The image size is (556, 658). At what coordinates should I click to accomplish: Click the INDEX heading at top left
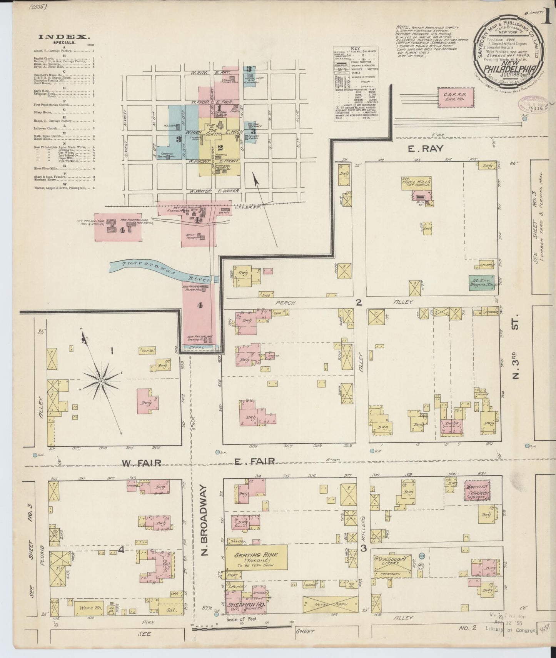point(64,37)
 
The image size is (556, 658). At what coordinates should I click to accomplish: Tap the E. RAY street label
point(422,148)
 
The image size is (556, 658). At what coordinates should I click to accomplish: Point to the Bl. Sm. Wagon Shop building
point(483,282)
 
